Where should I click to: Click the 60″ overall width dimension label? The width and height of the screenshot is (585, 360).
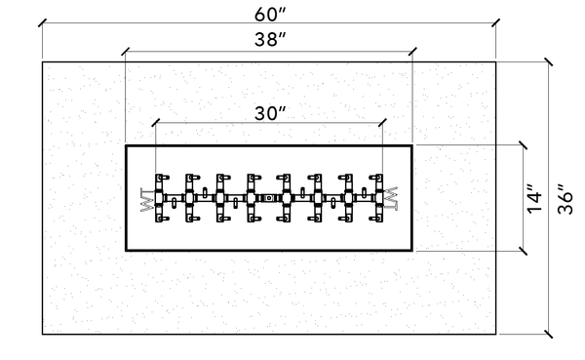coord(270,15)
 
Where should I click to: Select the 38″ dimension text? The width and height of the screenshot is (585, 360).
coord(270,39)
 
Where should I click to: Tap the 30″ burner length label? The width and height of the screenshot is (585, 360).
coord(270,113)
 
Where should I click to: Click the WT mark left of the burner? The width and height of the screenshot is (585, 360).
coord(147,200)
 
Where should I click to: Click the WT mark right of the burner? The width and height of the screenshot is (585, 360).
coord(391,198)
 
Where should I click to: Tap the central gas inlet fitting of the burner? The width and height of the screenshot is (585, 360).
coord(268,197)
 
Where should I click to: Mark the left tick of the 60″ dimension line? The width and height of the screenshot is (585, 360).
coord(43,22)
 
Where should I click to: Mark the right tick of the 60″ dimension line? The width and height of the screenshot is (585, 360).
coord(496,22)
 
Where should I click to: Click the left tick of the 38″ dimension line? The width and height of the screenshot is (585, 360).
coord(126,52)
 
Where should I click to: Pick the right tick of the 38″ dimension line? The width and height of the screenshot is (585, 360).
coord(412,52)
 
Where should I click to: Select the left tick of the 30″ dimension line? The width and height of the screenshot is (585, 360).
coord(156,123)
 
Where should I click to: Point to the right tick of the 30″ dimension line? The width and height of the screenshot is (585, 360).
coord(382,123)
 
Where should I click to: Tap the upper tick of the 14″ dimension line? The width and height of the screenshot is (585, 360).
coord(523,145)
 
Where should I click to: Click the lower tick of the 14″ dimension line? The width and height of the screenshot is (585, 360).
coord(523,251)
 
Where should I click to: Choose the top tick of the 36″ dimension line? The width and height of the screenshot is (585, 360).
coord(548,62)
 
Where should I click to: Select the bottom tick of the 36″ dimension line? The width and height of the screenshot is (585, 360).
coord(548,335)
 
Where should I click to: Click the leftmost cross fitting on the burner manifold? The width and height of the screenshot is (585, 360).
coord(159,197)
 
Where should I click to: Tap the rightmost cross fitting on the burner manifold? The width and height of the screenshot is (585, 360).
coord(378,197)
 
